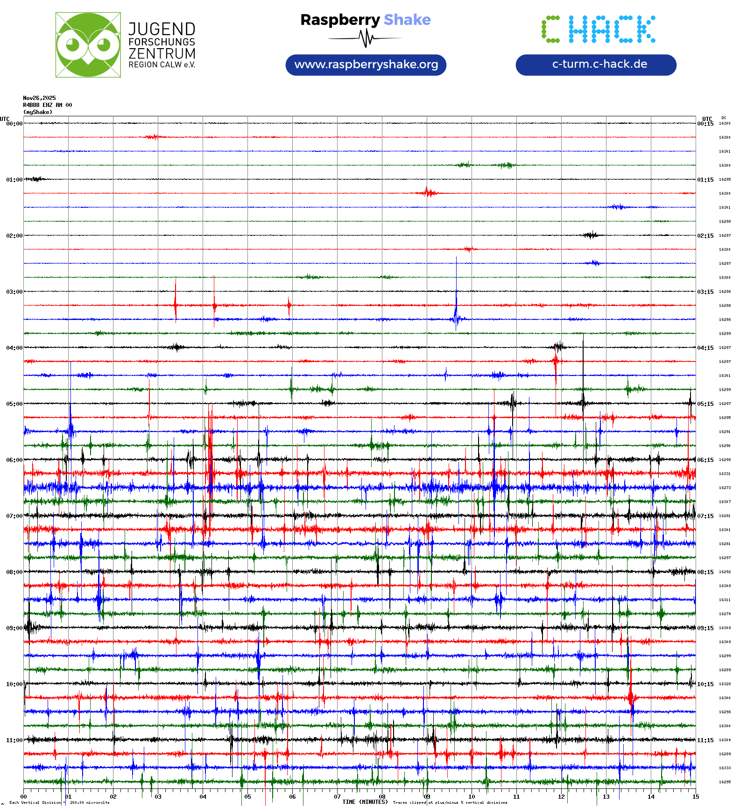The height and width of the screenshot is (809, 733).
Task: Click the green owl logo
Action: [x=88, y=45]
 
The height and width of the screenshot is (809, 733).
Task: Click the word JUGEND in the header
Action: [x=162, y=29]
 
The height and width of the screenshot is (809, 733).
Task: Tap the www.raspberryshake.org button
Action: [x=366, y=64]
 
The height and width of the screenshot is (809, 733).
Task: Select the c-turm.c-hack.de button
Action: [x=596, y=64]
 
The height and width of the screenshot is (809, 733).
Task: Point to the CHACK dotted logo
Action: [x=599, y=29]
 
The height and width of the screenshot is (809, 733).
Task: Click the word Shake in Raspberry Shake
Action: [x=407, y=20]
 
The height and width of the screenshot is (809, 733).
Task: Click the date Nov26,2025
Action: [x=39, y=98]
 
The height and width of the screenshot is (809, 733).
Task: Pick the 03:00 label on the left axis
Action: [x=14, y=291]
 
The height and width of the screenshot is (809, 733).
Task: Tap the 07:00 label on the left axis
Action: [x=14, y=516]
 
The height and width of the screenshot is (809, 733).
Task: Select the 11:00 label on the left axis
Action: [x=14, y=740]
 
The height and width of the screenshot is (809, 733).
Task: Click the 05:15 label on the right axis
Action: [x=705, y=404]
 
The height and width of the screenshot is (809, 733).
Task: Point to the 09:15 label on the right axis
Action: [x=705, y=628]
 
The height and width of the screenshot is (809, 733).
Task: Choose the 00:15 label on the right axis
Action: [x=705, y=124]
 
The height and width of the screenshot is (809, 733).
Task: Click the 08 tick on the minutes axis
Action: [x=382, y=796]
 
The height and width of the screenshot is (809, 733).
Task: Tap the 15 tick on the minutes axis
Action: [x=695, y=796]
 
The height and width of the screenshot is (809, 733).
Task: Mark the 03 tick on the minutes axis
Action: [x=158, y=796]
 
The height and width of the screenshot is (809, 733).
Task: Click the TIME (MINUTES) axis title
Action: [x=365, y=802]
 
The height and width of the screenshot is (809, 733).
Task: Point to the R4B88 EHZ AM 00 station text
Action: [x=47, y=105]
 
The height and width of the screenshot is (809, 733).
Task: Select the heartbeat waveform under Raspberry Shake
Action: [x=366, y=38]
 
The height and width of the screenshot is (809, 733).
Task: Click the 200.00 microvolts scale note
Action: [x=90, y=802]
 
